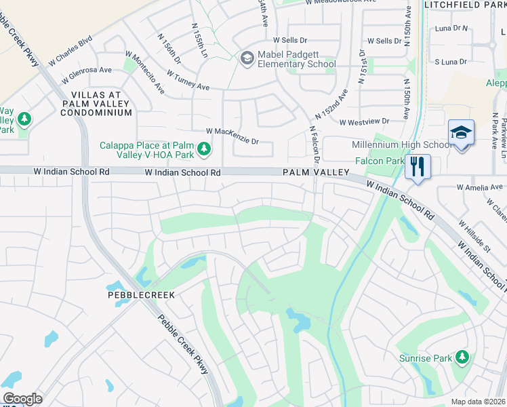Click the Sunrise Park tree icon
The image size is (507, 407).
click(x=462, y=357)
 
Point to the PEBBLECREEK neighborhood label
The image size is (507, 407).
click(x=141, y=295)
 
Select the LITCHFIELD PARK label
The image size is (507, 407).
click(x=465, y=5)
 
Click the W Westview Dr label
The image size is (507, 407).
click(x=364, y=122)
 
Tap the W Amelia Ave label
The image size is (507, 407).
click(x=480, y=187)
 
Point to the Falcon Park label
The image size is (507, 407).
click(x=379, y=161)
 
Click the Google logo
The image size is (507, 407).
click(x=22, y=399)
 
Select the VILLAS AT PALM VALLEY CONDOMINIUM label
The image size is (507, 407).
click(x=96, y=103)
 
